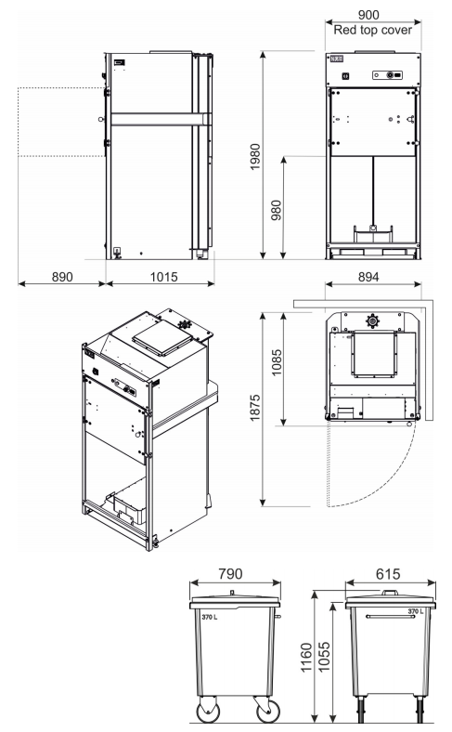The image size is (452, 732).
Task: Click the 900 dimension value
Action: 368,15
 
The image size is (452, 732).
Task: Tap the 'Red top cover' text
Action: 373,30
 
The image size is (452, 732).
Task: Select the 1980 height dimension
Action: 255,157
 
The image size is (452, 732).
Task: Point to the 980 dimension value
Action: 277,210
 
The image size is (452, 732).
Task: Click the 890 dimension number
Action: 62,277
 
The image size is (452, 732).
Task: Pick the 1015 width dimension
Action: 163,277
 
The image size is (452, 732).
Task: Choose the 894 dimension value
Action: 368,277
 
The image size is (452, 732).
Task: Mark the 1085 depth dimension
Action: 277,362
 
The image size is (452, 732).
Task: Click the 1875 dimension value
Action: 255,408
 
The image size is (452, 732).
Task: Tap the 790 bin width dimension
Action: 230,574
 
